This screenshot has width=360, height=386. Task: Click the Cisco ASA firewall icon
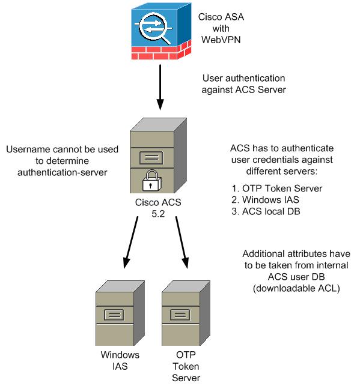pyautogui.click(x=161, y=31)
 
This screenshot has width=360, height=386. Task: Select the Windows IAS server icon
pyautogui.click(x=120, y=313)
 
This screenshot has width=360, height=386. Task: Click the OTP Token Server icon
pyautogui.click(x=186, y=313)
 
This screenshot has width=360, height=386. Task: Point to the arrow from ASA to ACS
pyautogui.click(x=160, y=88)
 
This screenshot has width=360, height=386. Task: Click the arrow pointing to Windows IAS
pyautogui.click(x=130, y=243)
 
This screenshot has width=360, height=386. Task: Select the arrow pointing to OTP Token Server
pyautogui.click(x=182, y=243)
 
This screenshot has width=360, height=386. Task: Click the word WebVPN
pyautogui.click(x=221, y=40)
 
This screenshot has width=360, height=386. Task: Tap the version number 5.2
pyautogui.click(x=158, y=214)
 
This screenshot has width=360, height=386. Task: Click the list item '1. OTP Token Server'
pyautogui.click(x=276, y=188)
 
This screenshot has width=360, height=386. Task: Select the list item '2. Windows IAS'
pyautogui.click(x=265, y=200)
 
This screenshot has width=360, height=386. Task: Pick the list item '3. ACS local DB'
pyautogui.click(x=266, y=211)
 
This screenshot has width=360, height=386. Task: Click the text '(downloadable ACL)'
pyautogui.click(x=296, y=288)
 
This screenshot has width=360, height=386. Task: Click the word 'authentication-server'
pyautogui.click(x=63, y=172)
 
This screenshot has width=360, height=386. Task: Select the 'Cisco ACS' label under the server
pyautogui.click(x=158, y=202)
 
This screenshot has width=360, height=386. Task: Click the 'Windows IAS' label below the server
pyautogui.click(x=120, y=360)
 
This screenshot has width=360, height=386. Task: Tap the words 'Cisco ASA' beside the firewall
pyautogui.click(x=221, y=17)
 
